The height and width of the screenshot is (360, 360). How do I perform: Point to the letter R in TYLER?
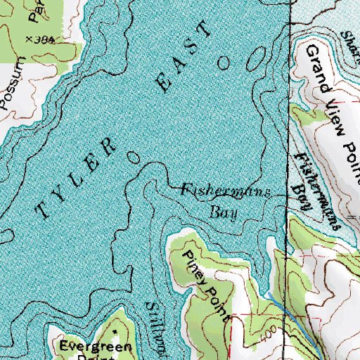coord(110,146)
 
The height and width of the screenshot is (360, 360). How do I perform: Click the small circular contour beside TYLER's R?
coord(133,155)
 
